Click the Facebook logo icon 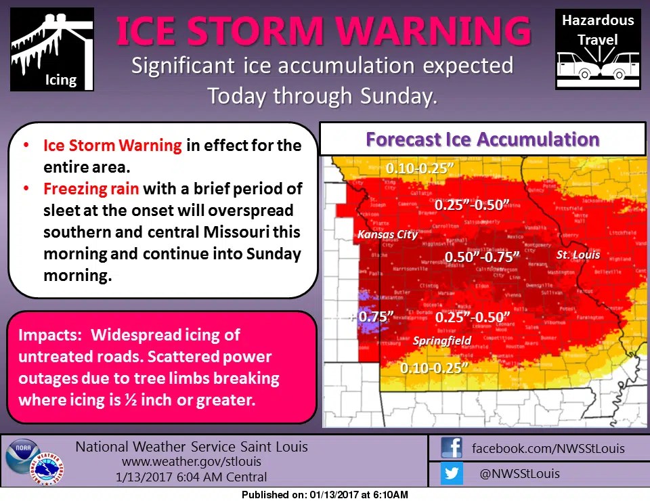tap(451, 448)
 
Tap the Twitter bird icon tap(451, 473)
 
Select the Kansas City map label tap(387, 235)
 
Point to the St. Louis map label tap(578, 255)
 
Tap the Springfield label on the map tap(442, 341)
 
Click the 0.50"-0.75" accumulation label tap(482, 257)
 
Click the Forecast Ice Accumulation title tap(482, 139)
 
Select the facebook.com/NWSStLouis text tap(548, 448)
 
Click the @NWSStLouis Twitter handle tap(519, 473)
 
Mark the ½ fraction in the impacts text tap(130, 399)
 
